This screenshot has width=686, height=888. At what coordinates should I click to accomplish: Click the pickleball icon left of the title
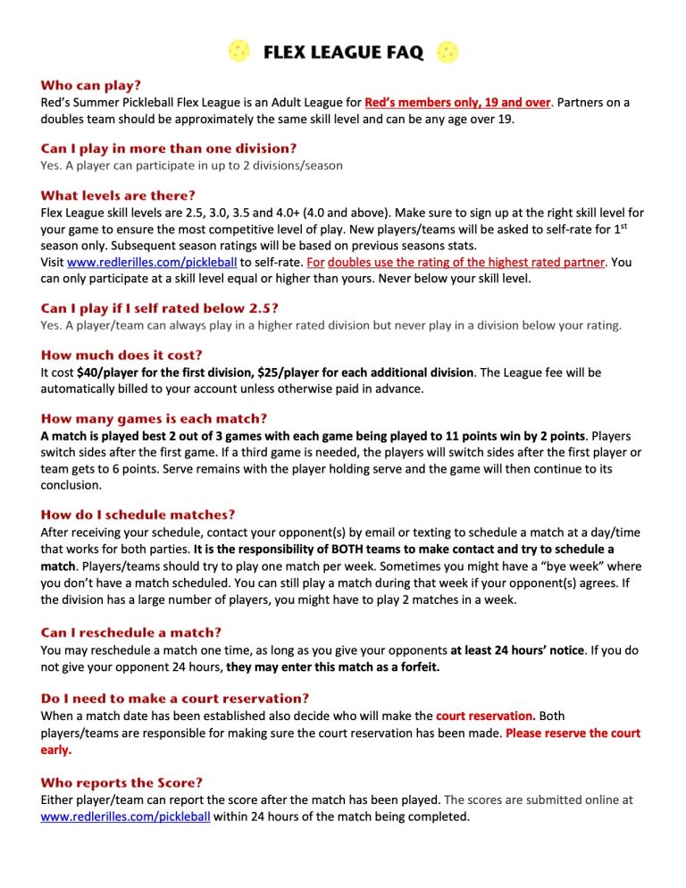click(239, 52)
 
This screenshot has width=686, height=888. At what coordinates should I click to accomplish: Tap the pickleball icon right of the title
click(447, 52)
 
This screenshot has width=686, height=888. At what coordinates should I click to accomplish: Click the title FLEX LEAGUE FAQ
click(343, 53)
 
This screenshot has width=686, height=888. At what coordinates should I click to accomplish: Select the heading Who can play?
click(90, 86)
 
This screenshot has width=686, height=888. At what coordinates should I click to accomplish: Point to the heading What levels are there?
click(118, 195)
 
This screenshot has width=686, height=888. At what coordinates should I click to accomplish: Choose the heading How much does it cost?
click(121, 355)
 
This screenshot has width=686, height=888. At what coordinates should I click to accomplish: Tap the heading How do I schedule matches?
click(138, 515)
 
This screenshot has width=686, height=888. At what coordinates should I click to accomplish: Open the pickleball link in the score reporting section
click(126, 817)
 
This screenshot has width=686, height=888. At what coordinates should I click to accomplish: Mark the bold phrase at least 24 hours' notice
click(517, 650)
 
